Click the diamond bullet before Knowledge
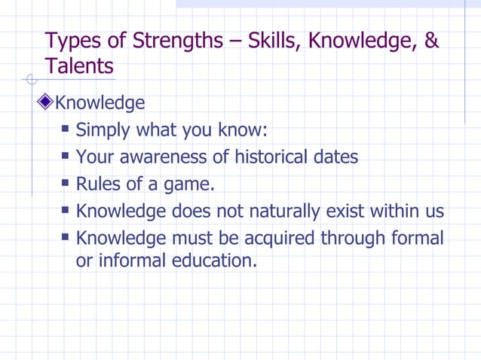tap(47, 102)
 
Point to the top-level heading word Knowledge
tap(100, 102)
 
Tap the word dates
tap(334, 157)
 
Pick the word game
tap(187, 184)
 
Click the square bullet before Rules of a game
tap(66, 183)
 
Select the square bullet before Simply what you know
tap(66, 129)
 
